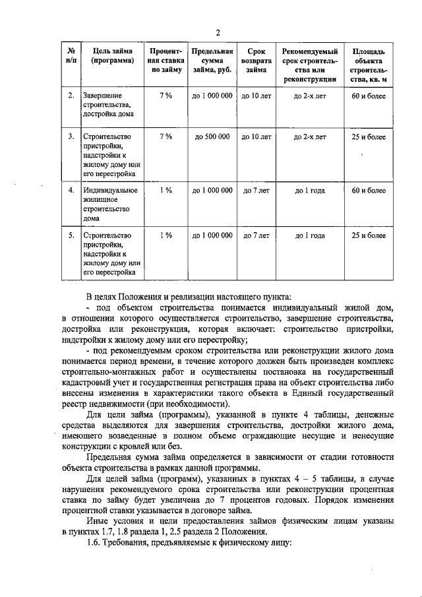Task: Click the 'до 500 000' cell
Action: [x=212, y=137]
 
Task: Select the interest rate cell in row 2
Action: [x=166, y=96]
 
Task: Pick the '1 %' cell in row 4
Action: [x=166, y=191]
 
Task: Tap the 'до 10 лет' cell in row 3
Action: [x=256, y=137]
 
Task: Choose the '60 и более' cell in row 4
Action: [x=369, y=191]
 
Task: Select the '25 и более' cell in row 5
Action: [x=369, y=235]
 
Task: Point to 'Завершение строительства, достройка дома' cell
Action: [x=107, y=105]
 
